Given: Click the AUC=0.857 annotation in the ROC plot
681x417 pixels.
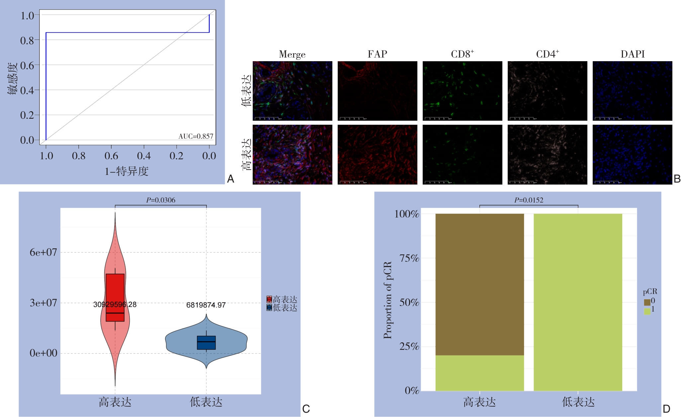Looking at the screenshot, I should (196, 136).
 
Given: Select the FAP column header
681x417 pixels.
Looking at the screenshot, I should (377, 54).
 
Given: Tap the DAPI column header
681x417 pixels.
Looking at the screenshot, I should (633, 54).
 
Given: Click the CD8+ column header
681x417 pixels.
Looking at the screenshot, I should (462, 54).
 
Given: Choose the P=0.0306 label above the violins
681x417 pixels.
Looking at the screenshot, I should (161, 200).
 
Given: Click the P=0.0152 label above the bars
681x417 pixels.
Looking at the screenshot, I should (529, 200).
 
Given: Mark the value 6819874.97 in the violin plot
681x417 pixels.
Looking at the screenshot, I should (206, 305).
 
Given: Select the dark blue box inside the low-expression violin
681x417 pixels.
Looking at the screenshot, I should (206, 343).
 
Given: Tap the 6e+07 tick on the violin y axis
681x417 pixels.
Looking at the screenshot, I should (43, 252).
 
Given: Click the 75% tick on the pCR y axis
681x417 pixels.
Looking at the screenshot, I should (409, 258).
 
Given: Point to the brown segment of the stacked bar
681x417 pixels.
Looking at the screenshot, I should (479, 284).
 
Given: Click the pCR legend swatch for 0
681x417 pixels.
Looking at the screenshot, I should (647, 302).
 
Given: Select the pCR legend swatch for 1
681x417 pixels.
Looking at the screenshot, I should (647, 311).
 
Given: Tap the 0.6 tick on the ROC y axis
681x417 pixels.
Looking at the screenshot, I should (27, 66).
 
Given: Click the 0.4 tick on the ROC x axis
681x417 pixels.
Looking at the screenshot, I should (144, 156).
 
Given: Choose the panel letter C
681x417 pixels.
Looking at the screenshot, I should (306, 409).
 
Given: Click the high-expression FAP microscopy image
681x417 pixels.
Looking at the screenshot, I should (377, 155).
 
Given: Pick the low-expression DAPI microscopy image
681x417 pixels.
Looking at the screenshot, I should (632, 91).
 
